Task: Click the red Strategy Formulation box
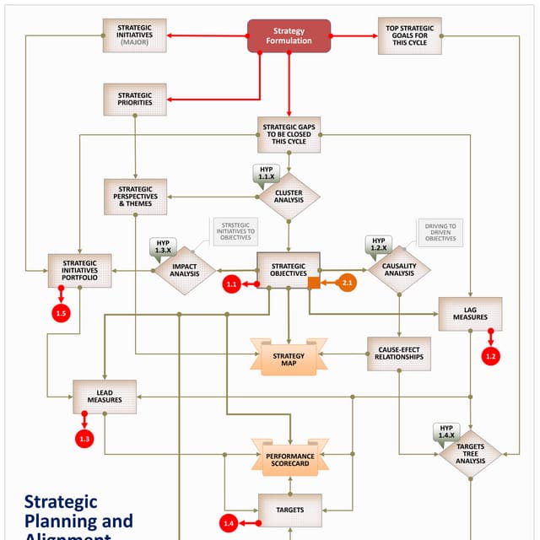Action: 289,35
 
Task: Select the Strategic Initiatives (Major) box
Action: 135,35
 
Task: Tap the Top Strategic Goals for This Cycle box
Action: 410,35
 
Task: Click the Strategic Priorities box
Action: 135,100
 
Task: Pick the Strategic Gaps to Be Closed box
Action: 289,135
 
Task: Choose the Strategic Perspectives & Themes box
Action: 135,197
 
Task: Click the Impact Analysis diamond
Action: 184,270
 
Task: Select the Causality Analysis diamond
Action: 399,270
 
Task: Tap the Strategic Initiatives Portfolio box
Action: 79,271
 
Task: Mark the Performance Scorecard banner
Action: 289,459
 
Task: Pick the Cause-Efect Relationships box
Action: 399,353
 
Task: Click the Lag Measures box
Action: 470,313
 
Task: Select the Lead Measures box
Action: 105,396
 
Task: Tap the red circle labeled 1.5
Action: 60,314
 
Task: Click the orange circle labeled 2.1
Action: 347,283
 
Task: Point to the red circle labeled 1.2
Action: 491,356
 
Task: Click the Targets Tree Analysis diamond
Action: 470,454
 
